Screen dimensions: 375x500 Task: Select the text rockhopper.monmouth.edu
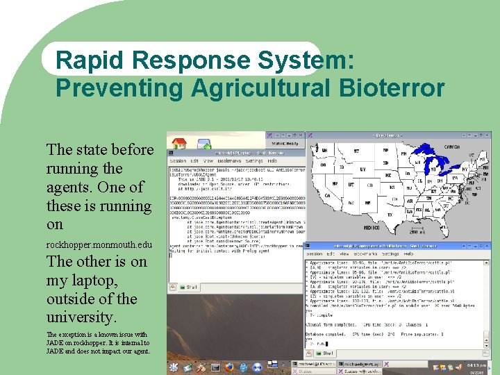click(x=99, y=245)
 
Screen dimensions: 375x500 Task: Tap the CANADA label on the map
click(x=452, y=147)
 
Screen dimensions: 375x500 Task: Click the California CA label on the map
click(x=327, y=195)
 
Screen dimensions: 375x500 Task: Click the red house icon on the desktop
click(x=179, y=144)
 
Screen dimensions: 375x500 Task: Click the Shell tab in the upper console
click(x=189, y=287)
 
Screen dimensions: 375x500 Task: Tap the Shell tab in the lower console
click(x=326, y=353)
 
